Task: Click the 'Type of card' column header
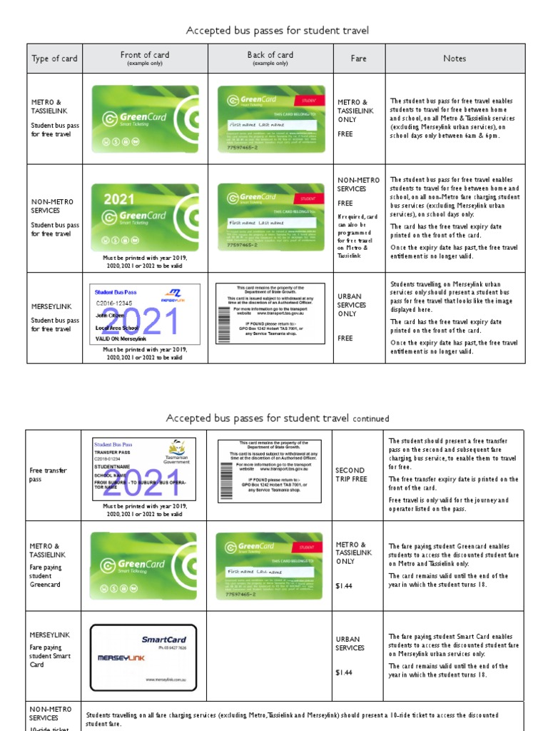pos(54,59)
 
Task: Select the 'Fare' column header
pos(358,59)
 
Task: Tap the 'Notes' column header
pos(454,59)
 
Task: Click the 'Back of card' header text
pos(270,55)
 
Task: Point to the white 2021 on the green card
pos(118,199)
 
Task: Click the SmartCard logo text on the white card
pos(163,640)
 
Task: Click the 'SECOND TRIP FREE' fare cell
pos(351,475)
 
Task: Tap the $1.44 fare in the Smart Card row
pos(345,672)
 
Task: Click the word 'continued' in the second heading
pos(371,419)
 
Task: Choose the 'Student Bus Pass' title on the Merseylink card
pos(116,292)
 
